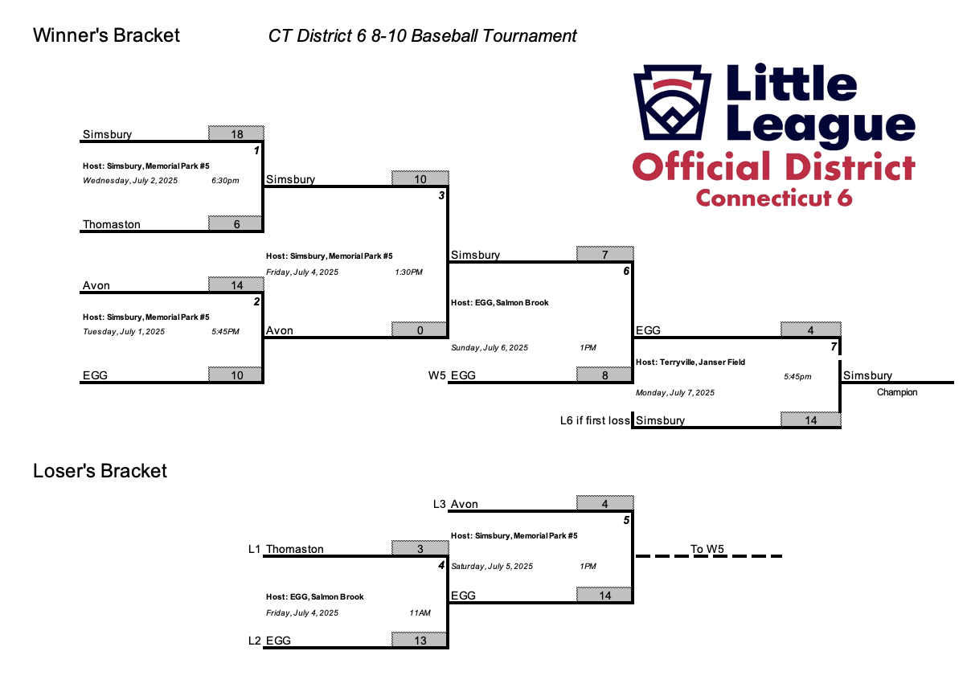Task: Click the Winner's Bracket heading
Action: pos(106,35)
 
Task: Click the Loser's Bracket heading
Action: pos(100,470)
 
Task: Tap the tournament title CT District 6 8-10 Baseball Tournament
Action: pos(422,36)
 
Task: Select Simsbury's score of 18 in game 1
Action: pos(236,133)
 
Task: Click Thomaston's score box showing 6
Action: pos(236,223)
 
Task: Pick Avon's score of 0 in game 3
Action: pos(420,330)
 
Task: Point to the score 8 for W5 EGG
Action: pos(604,375)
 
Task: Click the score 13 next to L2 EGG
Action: pos(420,640)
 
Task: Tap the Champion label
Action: pos(896,392)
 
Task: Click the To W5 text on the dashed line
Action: pos(707,549)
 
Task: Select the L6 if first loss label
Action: pos(595,420)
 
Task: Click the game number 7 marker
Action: pos(834,346)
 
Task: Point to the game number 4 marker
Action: pos(441,565)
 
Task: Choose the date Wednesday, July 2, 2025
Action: pos(130,181)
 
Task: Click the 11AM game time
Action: pos(420,612)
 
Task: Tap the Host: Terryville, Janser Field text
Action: pos(690,362)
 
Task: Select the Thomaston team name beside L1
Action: pos(294,549)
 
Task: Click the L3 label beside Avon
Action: pos(439,504)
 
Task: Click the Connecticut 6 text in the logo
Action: pos(773,198)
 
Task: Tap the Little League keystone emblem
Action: pos(672,102)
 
